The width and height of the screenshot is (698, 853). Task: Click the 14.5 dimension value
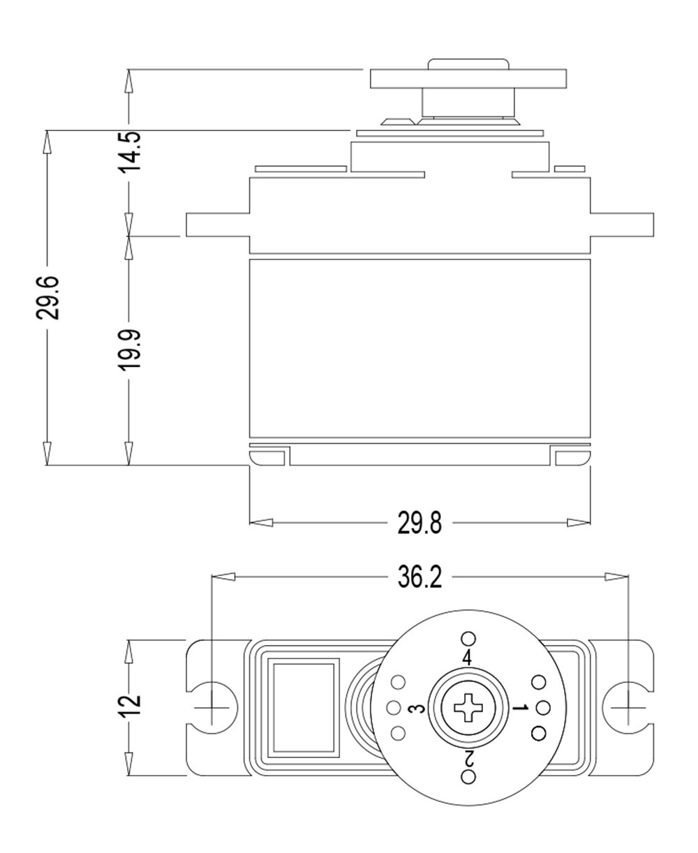129,151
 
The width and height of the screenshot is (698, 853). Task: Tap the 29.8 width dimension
419,523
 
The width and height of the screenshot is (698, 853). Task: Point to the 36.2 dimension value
419,578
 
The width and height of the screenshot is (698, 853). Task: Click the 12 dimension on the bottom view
130,706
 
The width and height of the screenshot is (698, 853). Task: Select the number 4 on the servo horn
467,658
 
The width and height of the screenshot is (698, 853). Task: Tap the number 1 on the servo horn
519,709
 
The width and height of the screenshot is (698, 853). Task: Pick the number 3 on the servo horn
416,709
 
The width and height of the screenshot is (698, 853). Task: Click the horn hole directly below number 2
468,778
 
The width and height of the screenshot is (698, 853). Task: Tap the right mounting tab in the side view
622,224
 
